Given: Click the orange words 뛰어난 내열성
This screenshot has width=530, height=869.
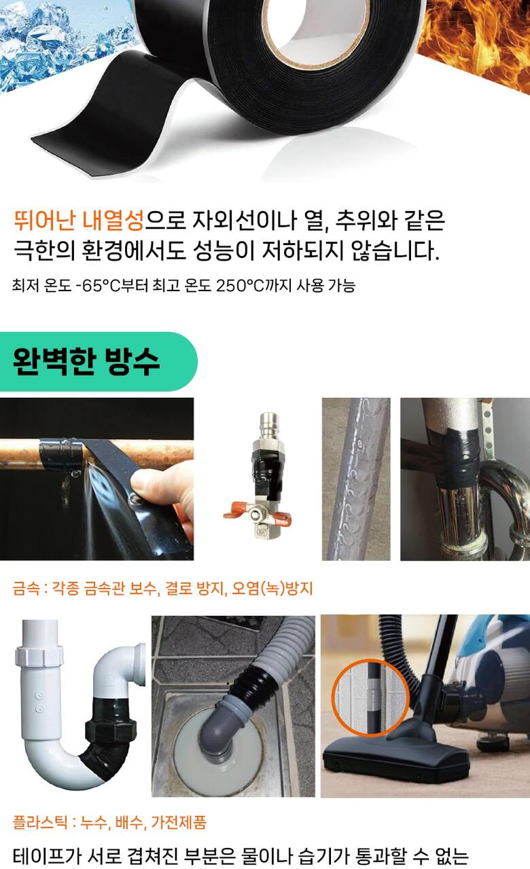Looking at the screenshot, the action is (79, 220).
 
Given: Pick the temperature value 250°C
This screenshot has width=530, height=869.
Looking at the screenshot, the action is (240, 286).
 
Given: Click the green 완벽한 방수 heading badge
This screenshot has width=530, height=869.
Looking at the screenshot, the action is (99, 361).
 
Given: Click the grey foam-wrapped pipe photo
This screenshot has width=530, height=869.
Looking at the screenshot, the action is (356, 479).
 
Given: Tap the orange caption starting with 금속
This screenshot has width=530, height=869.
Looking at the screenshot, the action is (162, 588).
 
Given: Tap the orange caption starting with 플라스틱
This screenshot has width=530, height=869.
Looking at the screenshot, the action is (109, 822).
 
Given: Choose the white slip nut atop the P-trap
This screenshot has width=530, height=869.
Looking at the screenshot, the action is (39, 656).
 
